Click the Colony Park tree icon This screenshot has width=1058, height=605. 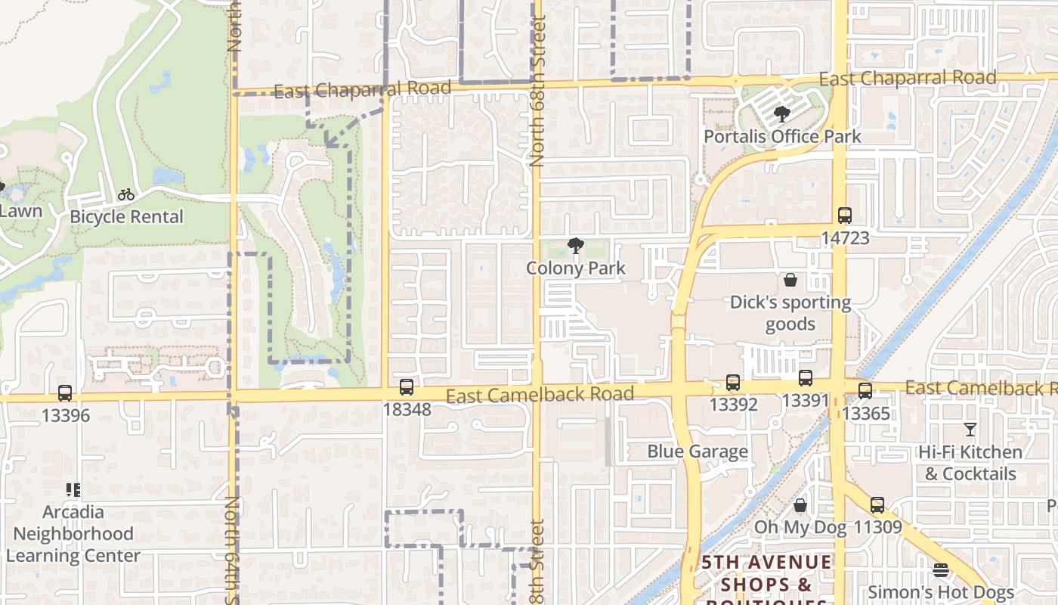576,246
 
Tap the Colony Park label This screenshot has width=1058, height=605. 576,268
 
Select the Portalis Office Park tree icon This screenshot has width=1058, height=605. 782,115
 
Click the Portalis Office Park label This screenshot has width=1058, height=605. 782,137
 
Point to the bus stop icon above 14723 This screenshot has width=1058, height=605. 845,216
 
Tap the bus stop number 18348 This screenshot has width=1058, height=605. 407,410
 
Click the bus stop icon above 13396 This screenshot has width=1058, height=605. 65,393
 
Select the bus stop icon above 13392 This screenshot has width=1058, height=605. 733,383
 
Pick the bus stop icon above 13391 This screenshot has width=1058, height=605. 806,378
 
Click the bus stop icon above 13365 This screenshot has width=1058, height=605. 865,391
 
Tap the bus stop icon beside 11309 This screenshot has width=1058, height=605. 877,505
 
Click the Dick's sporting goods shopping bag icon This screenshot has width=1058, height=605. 790,281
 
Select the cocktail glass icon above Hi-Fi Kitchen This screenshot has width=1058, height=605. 970,430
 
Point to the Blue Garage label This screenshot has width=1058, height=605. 698,451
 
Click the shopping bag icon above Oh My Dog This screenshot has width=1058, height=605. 800,505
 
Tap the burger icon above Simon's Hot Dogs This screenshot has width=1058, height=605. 941,570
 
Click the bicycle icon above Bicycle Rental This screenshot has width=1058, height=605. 126,194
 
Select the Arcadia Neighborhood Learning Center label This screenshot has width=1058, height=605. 73,534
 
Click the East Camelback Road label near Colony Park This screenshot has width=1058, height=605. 540,395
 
